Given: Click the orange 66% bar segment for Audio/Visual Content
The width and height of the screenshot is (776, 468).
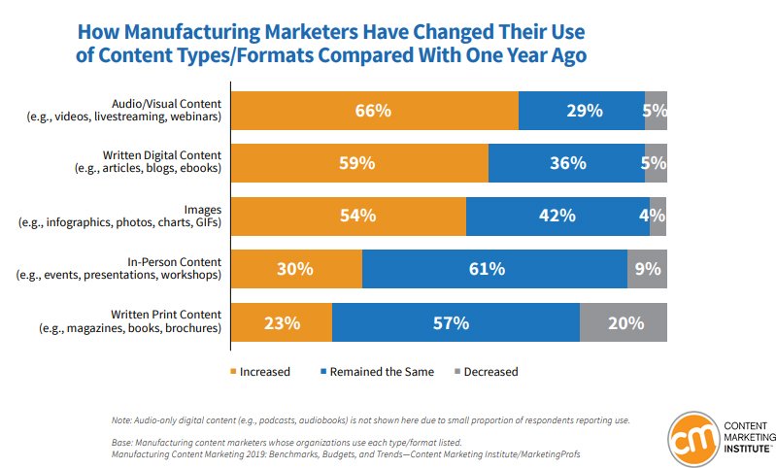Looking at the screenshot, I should pos(374,111).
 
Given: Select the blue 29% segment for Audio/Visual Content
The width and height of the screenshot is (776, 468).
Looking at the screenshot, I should pos(581,111).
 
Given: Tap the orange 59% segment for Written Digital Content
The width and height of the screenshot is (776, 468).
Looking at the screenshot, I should pos(358,163).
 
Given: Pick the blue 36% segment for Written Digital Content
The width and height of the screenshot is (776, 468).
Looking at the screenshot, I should pos(565,163).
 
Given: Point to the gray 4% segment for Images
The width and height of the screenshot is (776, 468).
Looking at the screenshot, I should pos(658,216).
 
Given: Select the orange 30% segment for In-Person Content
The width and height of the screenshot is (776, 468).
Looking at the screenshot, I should pos(295,268).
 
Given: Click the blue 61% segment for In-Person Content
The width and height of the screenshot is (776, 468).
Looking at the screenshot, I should pos(494,268).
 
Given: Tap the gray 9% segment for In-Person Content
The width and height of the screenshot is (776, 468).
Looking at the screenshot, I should pos(647,268).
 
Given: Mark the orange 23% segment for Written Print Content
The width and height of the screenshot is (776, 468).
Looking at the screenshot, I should pos(281,321).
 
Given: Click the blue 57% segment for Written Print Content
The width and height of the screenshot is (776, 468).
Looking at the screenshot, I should pos(455,321).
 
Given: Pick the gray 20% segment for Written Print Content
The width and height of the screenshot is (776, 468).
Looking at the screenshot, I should pos(624,321).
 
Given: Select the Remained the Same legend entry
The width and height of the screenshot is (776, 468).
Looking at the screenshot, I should pos(375,371).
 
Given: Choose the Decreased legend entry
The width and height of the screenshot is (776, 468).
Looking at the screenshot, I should pos(483,371).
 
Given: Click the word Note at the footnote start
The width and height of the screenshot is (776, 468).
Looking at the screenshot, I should pos(124,420).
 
